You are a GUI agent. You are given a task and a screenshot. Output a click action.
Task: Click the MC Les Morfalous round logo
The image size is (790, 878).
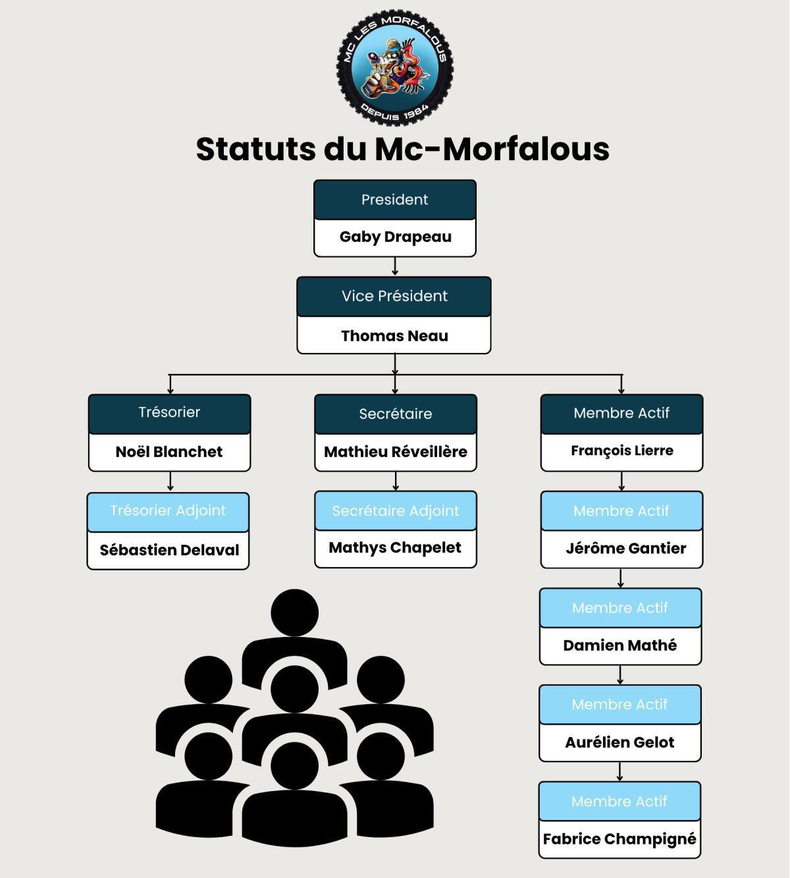tap(395, 68)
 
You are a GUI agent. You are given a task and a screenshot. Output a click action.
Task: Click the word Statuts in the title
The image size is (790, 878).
tap(255, 149)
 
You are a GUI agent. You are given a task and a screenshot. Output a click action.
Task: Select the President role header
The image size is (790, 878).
tap(395, 200)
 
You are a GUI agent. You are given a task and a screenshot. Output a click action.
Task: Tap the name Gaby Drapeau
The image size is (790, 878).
tap(395, 236)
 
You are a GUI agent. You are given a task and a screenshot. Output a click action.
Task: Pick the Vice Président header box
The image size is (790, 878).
tap(394, 296)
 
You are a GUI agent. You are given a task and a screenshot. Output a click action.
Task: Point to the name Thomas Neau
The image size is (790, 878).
tap(394, 336)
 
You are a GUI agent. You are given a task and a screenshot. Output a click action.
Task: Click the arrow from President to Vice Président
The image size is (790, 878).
tap(395, 266)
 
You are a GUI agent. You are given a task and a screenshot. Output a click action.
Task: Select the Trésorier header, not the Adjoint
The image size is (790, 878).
tap(169, 414)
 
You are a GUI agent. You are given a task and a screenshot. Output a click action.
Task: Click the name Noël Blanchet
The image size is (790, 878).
tap(169, 451)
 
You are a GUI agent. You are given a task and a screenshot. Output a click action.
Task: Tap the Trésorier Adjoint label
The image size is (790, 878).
tap(168, 510)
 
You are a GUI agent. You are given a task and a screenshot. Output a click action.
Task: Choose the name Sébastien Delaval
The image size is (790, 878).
tap(169, 550)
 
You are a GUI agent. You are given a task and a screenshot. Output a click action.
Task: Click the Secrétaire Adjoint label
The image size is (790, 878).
tap(396, 510)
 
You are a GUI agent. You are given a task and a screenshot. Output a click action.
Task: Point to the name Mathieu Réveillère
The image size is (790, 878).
tap(396, 451)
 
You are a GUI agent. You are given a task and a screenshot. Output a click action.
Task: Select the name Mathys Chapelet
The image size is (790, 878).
tap(395, 548)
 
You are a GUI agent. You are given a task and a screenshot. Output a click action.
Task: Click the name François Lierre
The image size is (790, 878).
tap(622, 451)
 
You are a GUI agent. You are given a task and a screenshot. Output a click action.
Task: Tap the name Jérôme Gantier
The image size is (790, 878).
tap(626, 548)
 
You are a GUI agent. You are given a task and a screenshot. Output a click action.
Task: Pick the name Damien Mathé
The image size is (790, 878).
tap(619, 645)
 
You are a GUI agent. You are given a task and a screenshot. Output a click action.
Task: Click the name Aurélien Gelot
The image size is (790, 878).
tap(619, 742)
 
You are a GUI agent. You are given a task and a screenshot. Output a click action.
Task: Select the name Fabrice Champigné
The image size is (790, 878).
tap(619, 840)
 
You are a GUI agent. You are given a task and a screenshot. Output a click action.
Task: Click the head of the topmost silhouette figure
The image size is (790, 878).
tap(294, 613)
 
